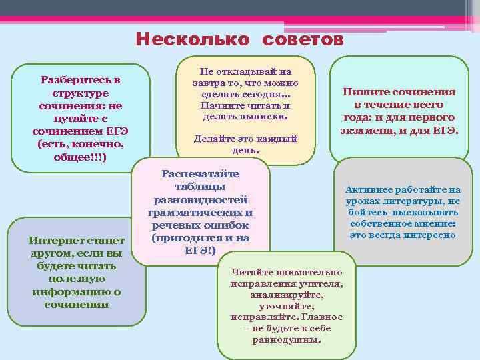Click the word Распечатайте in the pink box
[x=201, y=173]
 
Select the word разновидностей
[x=201, y=199]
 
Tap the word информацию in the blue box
[x=74, y=292]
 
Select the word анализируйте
[x=287, y=295]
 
